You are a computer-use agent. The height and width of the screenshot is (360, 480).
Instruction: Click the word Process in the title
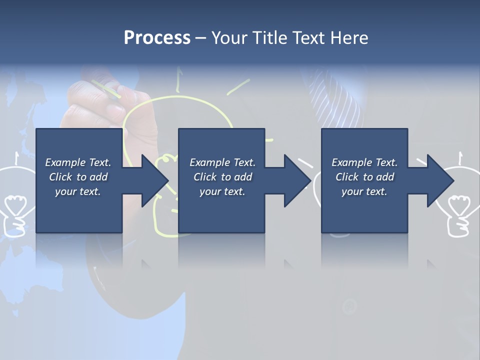tap(157, 38)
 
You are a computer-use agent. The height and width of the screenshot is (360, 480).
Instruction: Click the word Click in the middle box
tap(205, 177)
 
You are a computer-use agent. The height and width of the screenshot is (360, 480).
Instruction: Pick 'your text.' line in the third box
tap(364, 191)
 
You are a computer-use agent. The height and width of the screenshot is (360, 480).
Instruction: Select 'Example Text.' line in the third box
tap(364, 162)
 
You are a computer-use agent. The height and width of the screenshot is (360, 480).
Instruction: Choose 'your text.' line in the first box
tap(77, 191)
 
